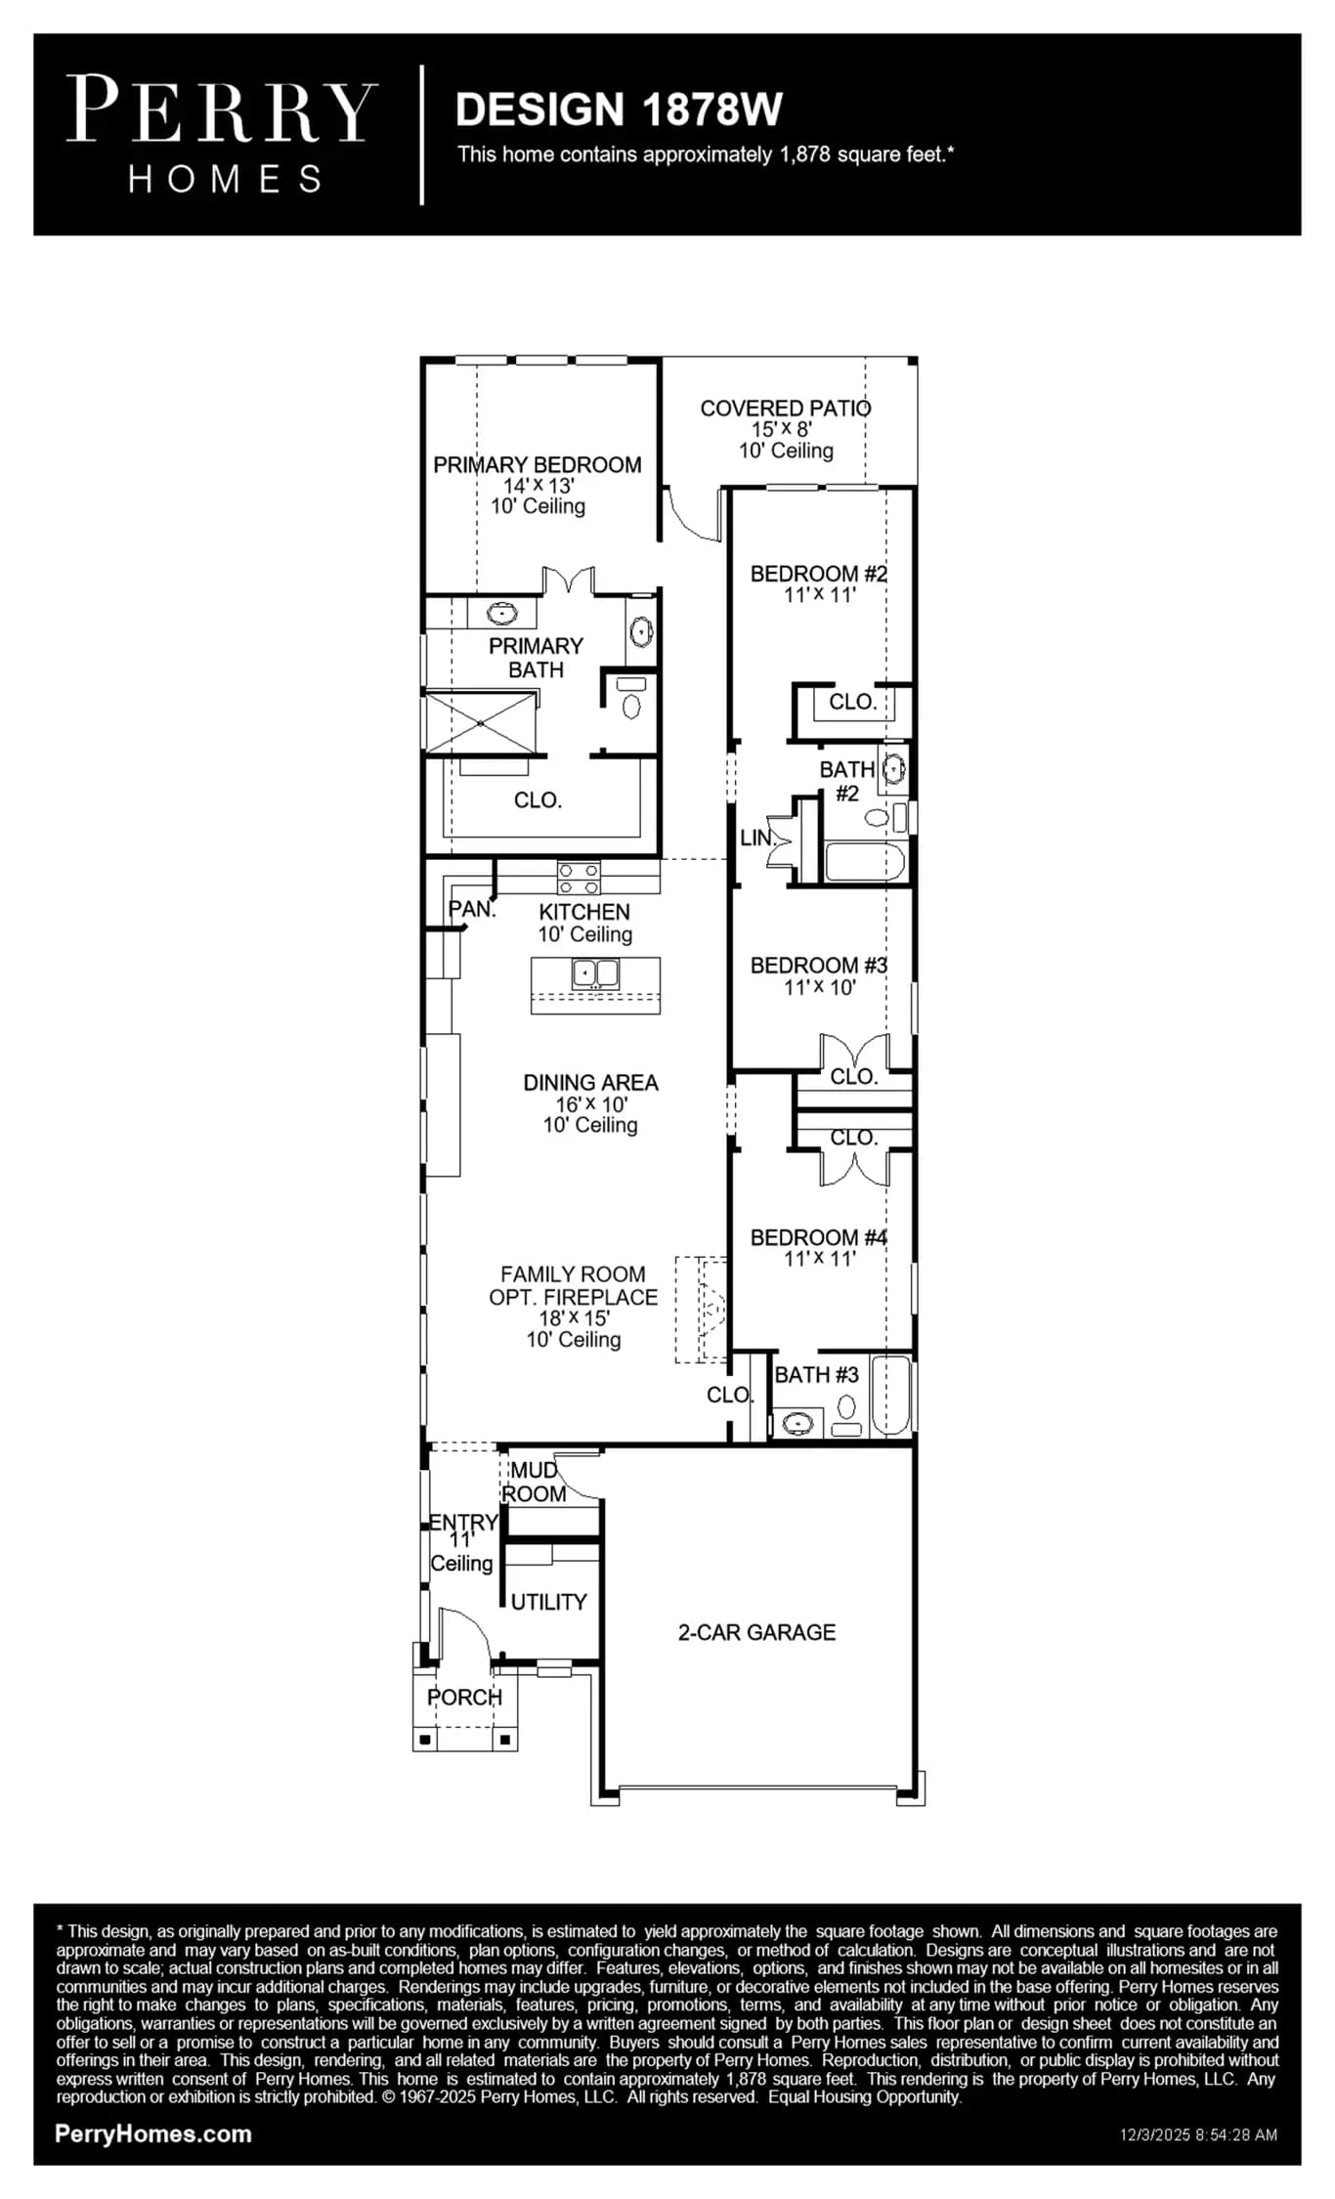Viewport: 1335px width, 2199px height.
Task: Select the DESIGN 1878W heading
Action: [x=619, y=109]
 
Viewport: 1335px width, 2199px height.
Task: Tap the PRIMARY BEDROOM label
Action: [x=538, y=465]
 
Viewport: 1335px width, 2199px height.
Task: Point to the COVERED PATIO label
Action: [x=786, y=409]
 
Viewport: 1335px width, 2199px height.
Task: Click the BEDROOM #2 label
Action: [x=819, y=574]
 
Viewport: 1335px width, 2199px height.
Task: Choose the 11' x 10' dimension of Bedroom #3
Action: [x=820, y=988]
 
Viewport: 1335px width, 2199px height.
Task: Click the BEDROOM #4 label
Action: [x=819, y=1237]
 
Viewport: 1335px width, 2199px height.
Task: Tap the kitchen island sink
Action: [x=595, y=973]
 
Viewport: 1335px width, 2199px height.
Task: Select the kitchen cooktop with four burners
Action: [x=579, y=878]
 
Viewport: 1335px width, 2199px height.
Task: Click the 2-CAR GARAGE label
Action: [x=757, y=1632]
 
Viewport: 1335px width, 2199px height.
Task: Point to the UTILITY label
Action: [x=549, y=1602]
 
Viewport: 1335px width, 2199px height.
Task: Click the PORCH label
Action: [x=465, y=1698]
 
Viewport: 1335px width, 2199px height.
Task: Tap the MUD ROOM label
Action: [x=535, y=1482]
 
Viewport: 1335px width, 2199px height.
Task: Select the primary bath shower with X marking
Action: [x=481, y=723]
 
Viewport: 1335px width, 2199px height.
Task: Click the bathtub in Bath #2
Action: [x=865, y=862]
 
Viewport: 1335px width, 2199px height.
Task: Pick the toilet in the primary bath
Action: [x=631, y=699]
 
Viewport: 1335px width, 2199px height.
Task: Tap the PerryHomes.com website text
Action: [x=153, y=2134]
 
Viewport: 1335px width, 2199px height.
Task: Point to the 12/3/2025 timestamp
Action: [x=1198, y=2135]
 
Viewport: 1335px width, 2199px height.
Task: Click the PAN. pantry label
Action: [x=472, y=909]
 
